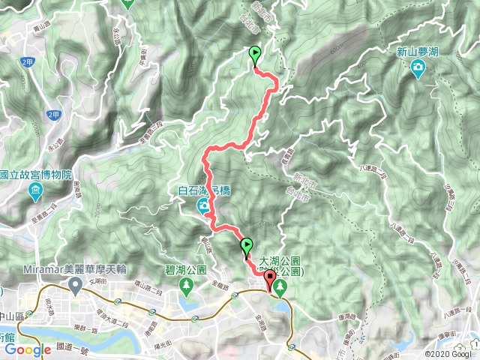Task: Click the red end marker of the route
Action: point(270,278)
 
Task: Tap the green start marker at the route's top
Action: point(254,54)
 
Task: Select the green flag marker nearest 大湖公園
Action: point(246,244)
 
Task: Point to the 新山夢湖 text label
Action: point(418,52)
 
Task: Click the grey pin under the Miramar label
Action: point(75,285)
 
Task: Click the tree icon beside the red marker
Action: point(281,286)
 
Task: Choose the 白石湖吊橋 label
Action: point(204,190)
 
